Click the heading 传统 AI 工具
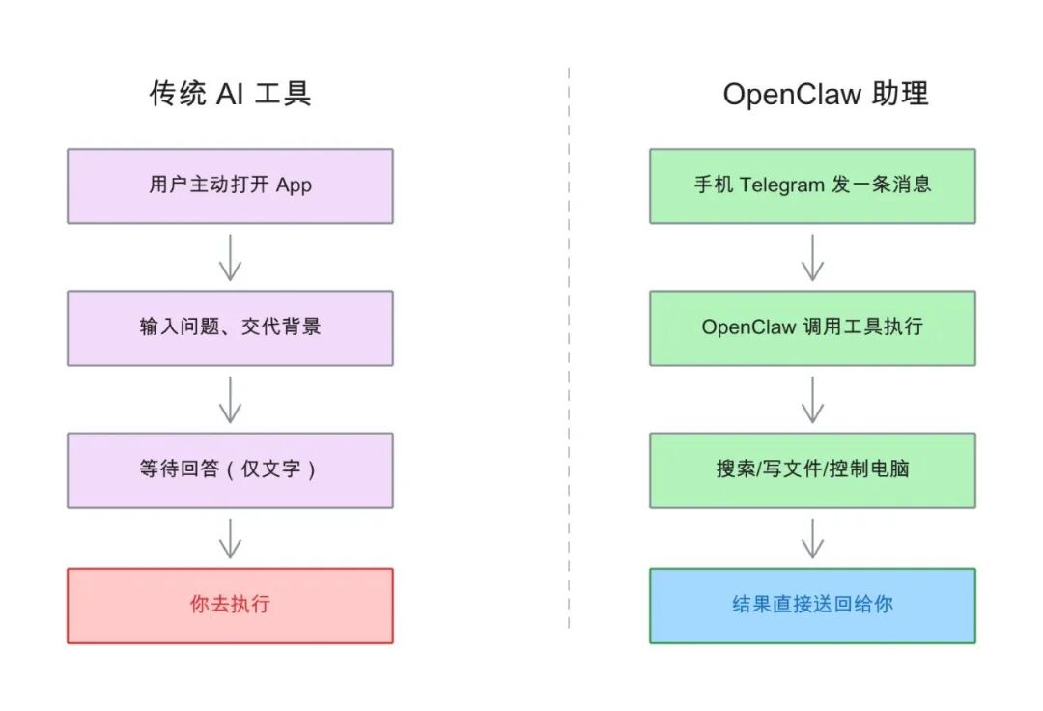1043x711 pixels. [230, 94]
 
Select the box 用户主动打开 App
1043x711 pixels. [230, 185]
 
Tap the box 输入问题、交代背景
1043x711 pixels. [230, 327]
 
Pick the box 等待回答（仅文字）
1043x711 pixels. [230, 470]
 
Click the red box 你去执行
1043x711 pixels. [230, 606]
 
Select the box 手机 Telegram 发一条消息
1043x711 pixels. [812, 185]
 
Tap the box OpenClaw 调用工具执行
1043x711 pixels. [812, 327]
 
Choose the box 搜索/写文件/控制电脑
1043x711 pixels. [812, 470]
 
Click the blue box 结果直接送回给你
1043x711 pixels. [812, 606]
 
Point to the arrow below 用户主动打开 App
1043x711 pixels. [230, 257]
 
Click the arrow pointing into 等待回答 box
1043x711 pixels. [230, 399]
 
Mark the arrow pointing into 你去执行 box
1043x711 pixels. [230, 538]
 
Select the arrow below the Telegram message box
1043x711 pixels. [812, 257]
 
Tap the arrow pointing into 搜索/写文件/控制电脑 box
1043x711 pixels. [812, 399]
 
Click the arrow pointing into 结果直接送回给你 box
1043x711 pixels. [812, 538]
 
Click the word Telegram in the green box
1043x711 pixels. [782, 185]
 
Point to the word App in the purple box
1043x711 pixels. [294, 185]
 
